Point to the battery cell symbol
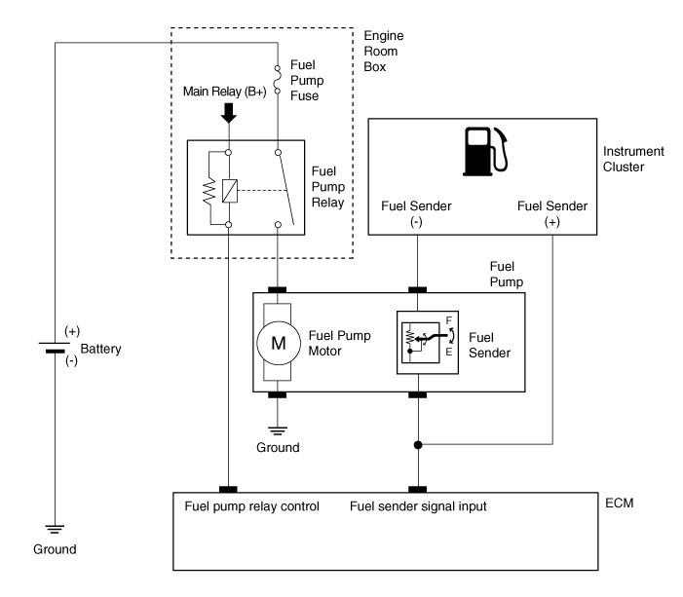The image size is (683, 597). click(56, 348)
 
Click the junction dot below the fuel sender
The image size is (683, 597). click(419, 446)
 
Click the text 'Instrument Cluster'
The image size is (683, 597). click(634, 160)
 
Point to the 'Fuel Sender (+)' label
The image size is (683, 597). click(551, 214)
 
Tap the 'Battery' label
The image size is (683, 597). click(100, 348)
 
